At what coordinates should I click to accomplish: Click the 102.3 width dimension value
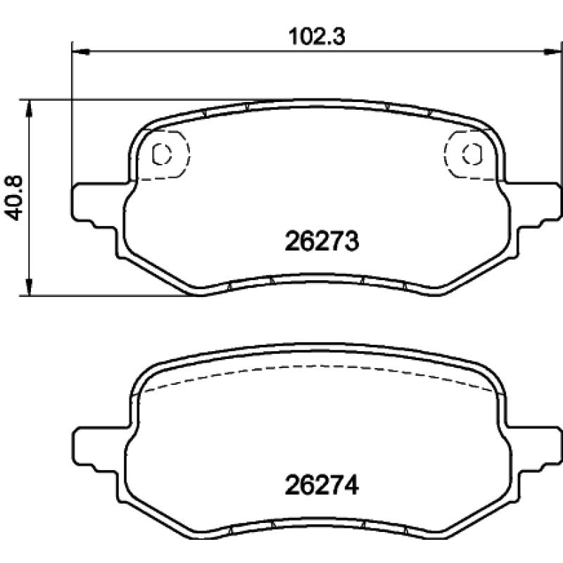tap(317, 37)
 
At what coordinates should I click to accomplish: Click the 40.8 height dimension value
tap(13, 198)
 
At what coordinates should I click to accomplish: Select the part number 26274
tap(322, 486)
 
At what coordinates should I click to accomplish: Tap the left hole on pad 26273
tap(162, 154)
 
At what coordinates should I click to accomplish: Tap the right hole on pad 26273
tap(472, 154)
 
